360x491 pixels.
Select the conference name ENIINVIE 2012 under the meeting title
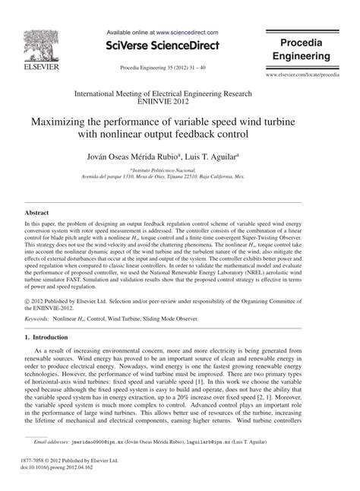(x=179, y=98)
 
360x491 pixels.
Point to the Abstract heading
(x=38, y=214)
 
